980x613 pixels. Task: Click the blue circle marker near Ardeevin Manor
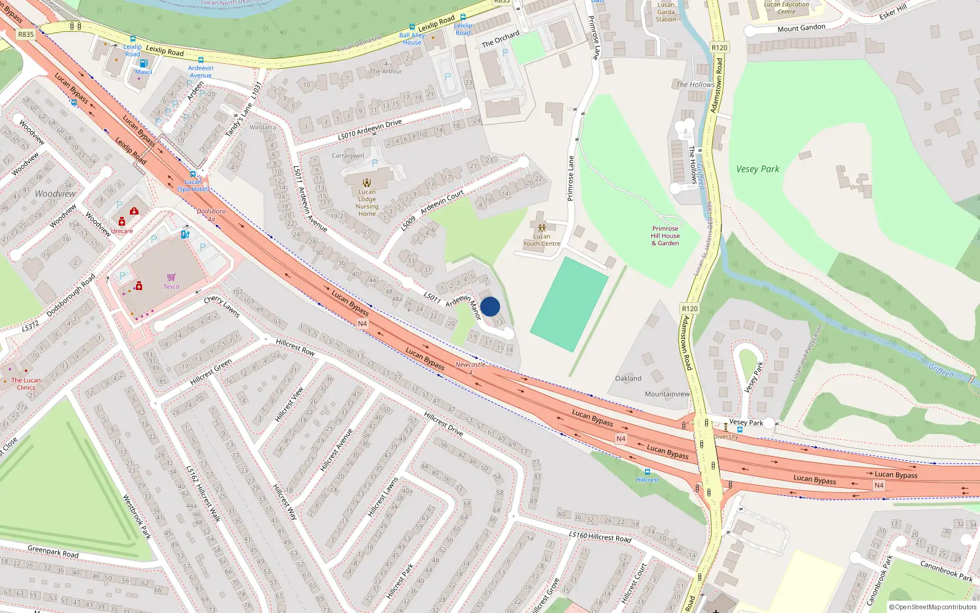click(x=490, y=306)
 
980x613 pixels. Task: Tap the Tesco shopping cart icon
click(x=171, y=278)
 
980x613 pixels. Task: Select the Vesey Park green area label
click(x=758, y=169)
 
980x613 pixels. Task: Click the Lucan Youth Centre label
click(x=541, y=240)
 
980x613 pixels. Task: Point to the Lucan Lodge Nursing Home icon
click(x=367, y=183)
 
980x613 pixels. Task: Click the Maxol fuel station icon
click(x=143, y=63)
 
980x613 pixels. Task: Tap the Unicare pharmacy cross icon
click(x=122, y=222)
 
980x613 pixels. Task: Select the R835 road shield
click(x=26, y=34)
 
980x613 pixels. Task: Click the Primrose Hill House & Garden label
click(x=665, y=236)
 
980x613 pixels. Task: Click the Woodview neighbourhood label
click(x=55, y=194)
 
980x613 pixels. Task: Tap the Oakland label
click(x=628, y=379)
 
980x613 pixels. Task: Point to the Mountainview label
click(x=667, y=394)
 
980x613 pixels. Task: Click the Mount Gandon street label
click(x=801, y=28)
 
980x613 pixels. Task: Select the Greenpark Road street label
click(x=53, y=552)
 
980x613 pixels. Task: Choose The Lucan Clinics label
click(x=26, y=384)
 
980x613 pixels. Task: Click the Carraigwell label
click(x=348, y=156)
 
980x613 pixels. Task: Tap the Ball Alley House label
click(x=412, y=39)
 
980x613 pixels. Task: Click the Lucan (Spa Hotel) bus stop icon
click(x=193, y=174)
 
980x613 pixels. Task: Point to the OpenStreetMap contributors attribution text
click(x=933, y=607)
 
